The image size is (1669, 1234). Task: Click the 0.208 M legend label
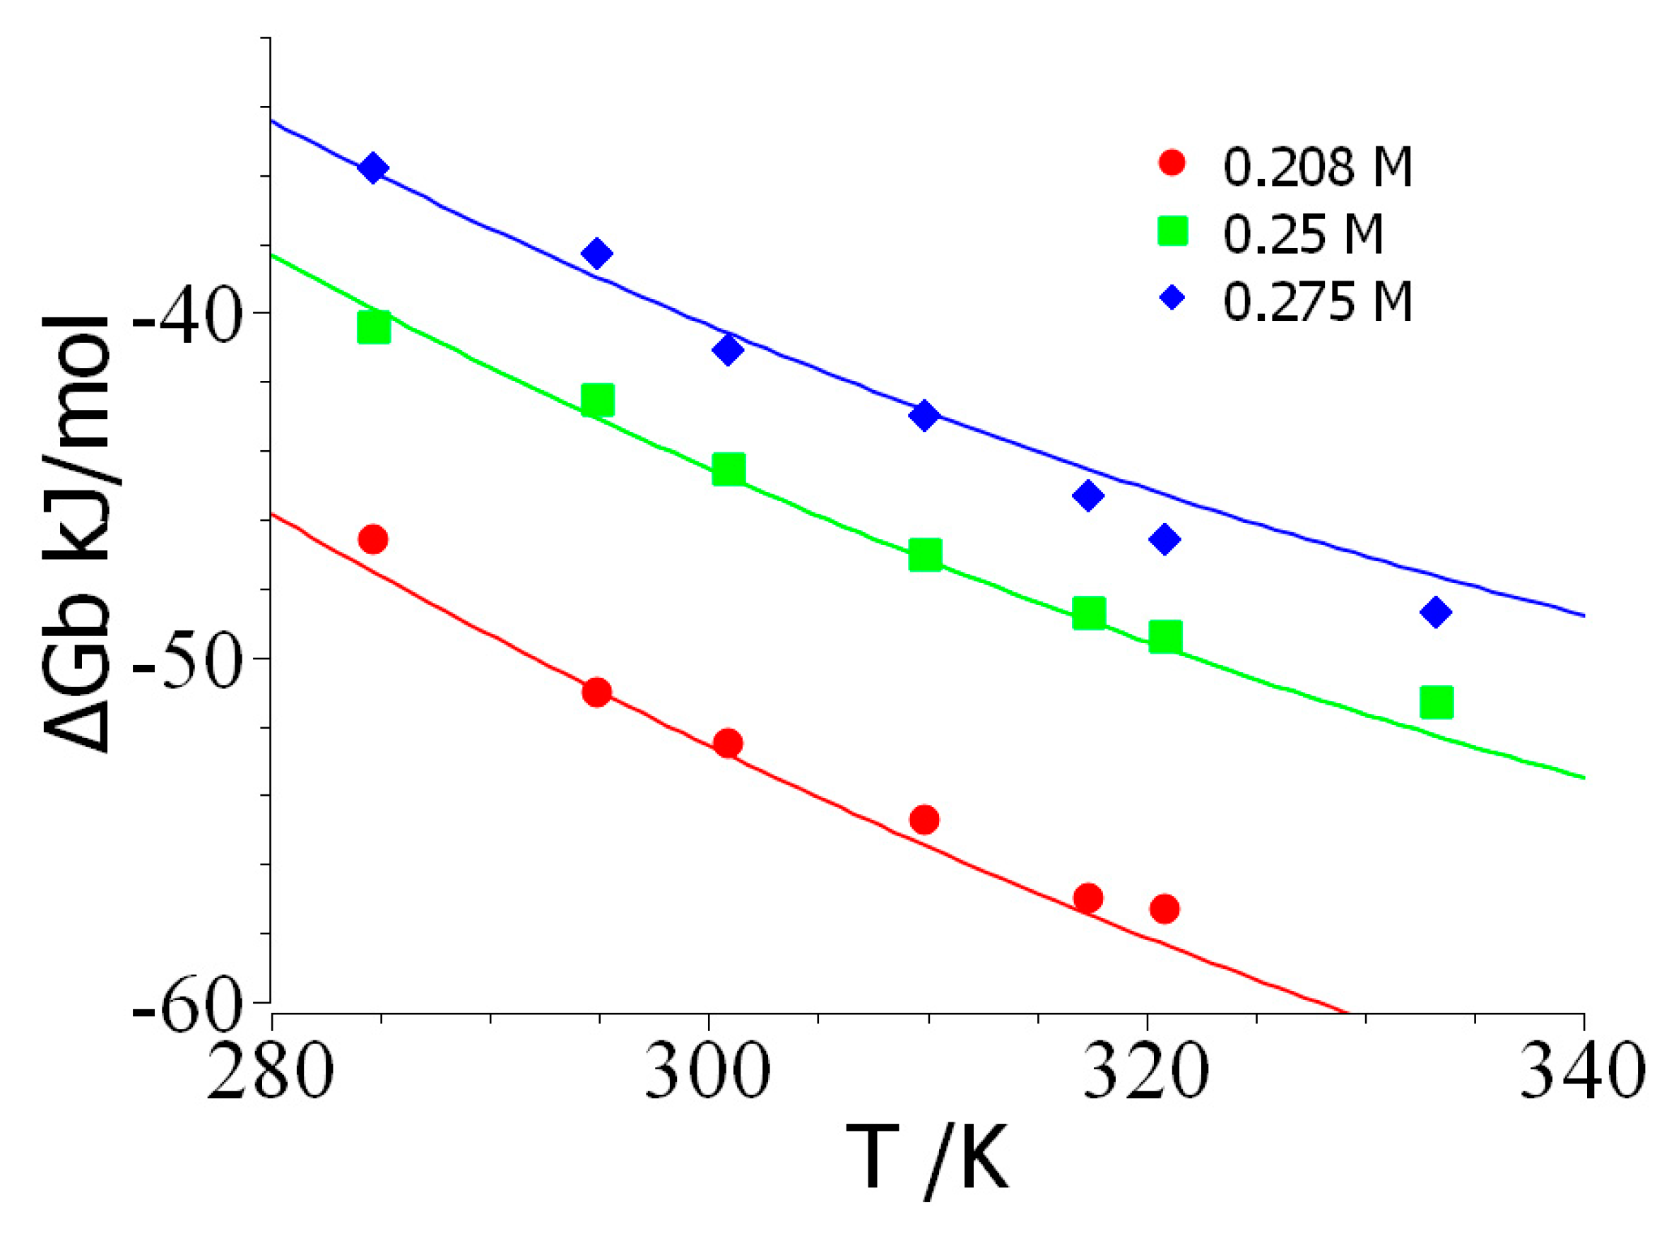(x=1317, y=167)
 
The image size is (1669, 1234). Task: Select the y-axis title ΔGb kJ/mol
(x=78, y=534)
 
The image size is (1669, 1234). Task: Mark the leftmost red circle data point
(x=373, y=539)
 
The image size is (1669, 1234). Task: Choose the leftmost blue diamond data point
(x=372, y=168)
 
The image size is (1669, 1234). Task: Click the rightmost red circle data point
(x=1164, y=909)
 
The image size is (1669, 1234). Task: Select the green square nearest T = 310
(x=924, y=555)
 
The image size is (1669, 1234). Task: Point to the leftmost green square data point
(x=373, y=327)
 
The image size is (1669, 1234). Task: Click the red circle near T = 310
(x=924, y=819)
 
